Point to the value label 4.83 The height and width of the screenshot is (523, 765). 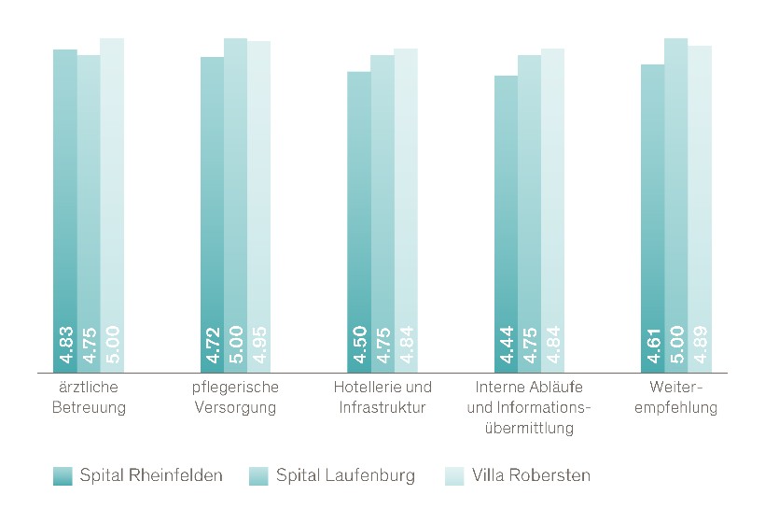[x=65, y=345]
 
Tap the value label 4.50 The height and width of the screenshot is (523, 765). [x=359, y=345]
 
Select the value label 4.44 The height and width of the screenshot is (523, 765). [x=506, y=345]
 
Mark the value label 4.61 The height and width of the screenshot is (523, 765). [x=653, y=345]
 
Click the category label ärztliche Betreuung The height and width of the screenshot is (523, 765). [x=90, y=397]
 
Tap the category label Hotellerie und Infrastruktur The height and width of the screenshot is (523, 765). [x=382, y=397]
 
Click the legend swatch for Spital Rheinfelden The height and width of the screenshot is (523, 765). [x=63, y=475]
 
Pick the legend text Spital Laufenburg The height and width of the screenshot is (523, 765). [x=345, y=475]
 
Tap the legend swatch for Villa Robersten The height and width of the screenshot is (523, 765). [x=454, y=475]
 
